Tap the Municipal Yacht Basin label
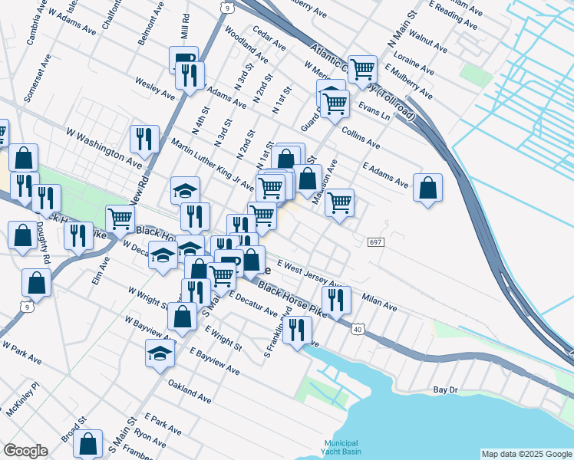tap(341, 448)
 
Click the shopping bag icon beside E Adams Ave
tap(427, 187)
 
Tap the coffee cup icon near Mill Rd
tap(184, 59)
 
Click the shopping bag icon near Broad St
tap(89, 444)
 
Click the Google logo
tap(25, 451)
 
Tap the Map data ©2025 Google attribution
tap(526, 454)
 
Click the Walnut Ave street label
tap(428, 43)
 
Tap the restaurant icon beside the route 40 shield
tap(335, 300)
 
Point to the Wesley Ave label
tap(155, 87)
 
